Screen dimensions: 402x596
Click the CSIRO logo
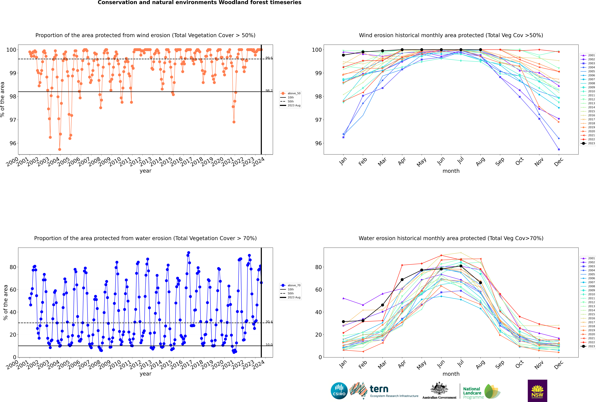click(x=339, y=391)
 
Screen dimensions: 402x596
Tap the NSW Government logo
click(x=537, y=390)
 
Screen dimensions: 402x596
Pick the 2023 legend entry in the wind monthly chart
click(x=589, y=143)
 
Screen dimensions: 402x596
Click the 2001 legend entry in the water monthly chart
click(x=589, y=258)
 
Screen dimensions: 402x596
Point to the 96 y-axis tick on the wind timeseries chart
click(x=13, y=143)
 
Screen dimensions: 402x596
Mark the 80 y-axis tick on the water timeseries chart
click(x=13, y=267)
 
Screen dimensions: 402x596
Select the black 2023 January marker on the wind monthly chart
click(x=343, y=55)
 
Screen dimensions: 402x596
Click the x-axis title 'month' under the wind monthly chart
click(x=451, y=171)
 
